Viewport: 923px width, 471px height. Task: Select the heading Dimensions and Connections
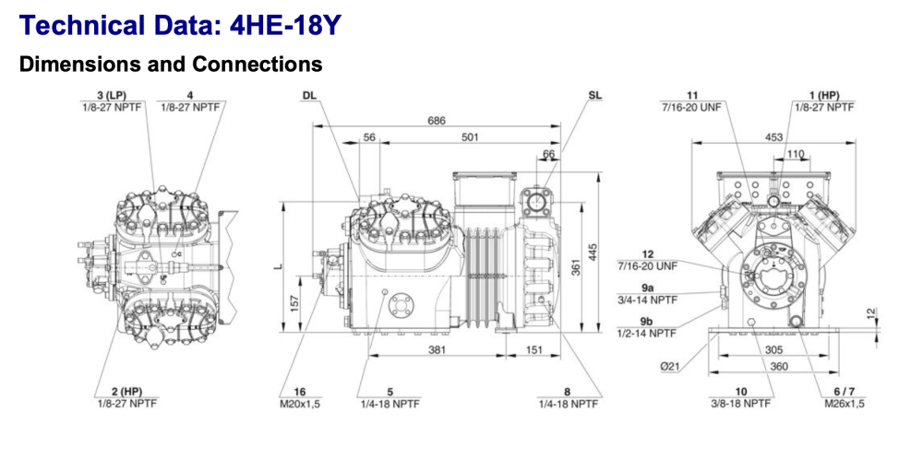(171, 65)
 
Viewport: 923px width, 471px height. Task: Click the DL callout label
(309, 95)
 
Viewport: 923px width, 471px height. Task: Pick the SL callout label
(594, 95)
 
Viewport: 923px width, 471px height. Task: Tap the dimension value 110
(795, 154)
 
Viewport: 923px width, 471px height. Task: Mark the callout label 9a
(647, 287)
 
